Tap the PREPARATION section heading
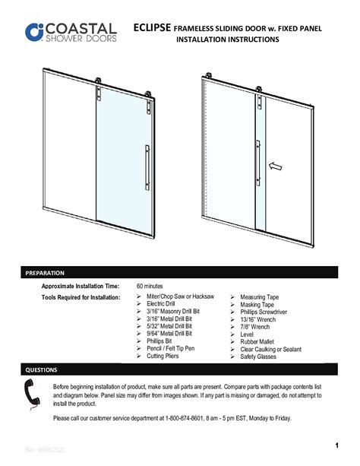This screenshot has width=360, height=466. (45, 272)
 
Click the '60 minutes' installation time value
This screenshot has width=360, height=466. (152, 286)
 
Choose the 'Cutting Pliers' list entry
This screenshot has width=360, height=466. (167, 356)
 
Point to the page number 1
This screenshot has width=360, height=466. (335, 444)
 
